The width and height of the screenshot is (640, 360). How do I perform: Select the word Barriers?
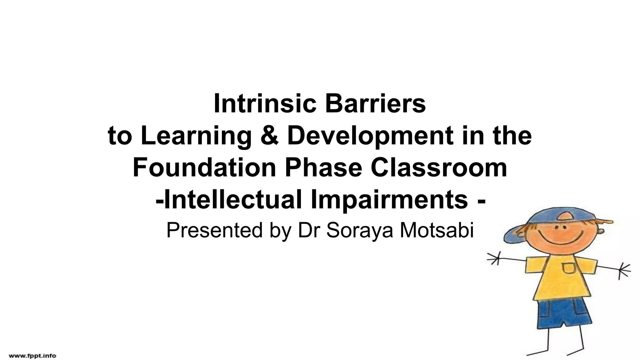(x=375, y=104)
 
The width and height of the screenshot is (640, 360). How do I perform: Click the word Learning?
(x=196, y=136)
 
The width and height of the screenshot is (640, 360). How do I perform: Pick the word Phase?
(x=323, y=167)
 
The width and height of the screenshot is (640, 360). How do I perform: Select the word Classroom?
(x=439, y=167)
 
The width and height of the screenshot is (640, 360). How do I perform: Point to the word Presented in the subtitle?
(x=214, y=231)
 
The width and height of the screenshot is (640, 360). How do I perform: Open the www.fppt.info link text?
(x=32, y=356)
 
